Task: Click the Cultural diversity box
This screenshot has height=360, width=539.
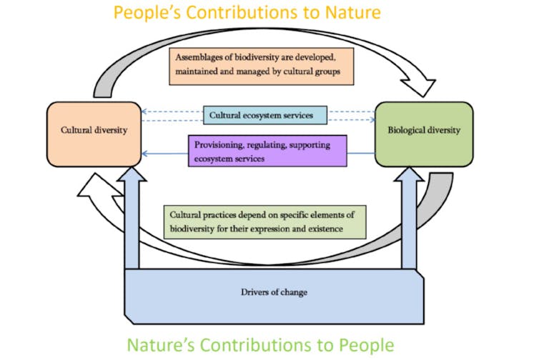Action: pos(94,134)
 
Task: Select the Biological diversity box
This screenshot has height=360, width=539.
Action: pos(424,134)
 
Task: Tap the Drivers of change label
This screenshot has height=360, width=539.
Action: pos(274,292)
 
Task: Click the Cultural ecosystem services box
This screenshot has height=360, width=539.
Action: pos(265,115)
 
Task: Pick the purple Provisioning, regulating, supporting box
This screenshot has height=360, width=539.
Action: pos(267,151)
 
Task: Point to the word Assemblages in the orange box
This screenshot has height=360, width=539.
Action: pos(199,57)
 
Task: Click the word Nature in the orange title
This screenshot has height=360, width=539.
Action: pos(353,12)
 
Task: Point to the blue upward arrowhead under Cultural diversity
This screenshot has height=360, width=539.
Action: pos(132,174)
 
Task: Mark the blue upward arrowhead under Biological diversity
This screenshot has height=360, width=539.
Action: pos(409,174)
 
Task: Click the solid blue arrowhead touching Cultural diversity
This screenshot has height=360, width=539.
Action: pos(144,154)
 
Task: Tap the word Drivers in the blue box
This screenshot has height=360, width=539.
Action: pos(253,292)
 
